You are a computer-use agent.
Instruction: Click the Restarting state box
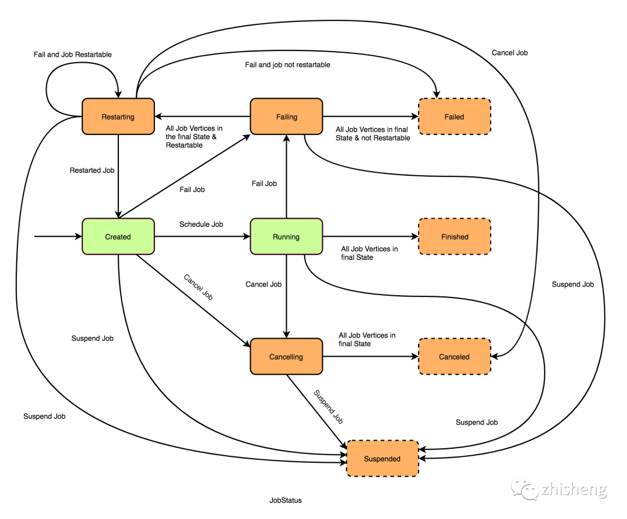[x=118, y=117]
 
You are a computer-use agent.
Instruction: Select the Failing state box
[x=286, y=117]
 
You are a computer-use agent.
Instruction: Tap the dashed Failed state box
[x=455, y=117]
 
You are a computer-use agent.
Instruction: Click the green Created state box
[x=118, y=237]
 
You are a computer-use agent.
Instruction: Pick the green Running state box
[x=286, y=237]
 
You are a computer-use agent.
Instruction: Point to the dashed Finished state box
[x=455, y=237]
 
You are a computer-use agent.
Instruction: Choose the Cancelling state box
[x=286, y=357]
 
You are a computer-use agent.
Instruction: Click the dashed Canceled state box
[x=455, y=357]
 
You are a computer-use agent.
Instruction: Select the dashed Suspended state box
[x=382, y=459]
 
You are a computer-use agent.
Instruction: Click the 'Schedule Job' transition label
[x=201, y=224]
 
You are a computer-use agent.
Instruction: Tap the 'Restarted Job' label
[x=92, y=170]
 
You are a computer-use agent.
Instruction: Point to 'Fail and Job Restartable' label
[x=72, y=55]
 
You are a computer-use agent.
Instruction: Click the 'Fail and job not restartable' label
[x=287, y=65]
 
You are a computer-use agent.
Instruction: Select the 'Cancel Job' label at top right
[x=509, y=53]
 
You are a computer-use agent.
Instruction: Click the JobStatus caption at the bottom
[x=285, y=500]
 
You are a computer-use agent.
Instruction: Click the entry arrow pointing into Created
[x=58, y=237]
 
